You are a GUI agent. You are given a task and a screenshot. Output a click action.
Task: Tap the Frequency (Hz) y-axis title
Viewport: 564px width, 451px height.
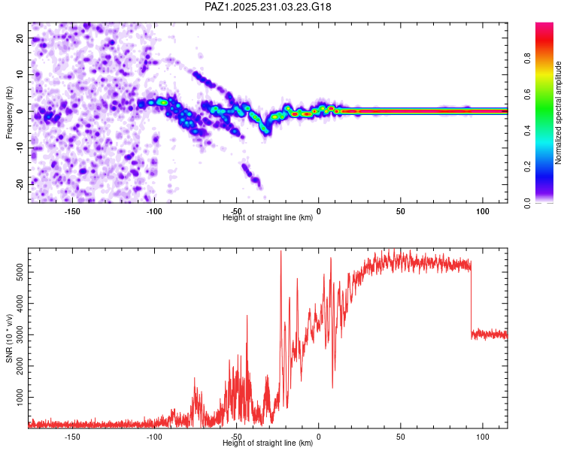coord(9,111)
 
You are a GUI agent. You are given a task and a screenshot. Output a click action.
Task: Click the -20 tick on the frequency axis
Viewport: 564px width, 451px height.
coord(18,184)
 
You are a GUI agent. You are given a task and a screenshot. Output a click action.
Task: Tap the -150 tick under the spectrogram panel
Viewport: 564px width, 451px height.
coord(73,211)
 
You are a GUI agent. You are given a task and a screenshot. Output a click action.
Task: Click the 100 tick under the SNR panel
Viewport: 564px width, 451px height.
coord(482,436)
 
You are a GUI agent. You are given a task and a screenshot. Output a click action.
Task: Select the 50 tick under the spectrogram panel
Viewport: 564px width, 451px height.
coord(401,211)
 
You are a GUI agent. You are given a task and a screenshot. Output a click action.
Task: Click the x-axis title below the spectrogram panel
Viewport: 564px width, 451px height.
coord(268,218)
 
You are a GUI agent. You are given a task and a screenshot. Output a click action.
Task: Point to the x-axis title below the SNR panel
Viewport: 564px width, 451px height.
coord(268,443)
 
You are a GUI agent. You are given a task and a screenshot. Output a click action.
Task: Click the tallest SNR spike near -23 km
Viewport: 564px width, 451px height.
coord(281,253)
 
